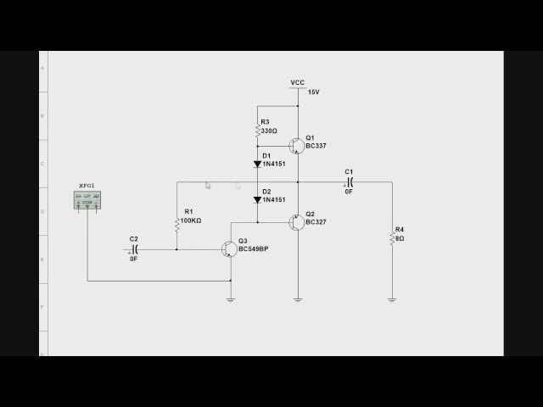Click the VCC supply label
tap(297, 82)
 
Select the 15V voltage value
tap(314, 92)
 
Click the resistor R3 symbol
tap(257, 131)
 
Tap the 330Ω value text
tap(269, 131)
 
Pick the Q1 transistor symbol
tap(295, 145)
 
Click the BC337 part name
tap(316, 146)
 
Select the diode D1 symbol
tap(257, 164)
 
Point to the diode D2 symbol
tap(257, 200)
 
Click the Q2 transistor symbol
tap(295, 221)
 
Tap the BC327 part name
tap(316, 222)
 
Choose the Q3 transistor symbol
tap(228, 249)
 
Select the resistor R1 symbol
tap(177, 223)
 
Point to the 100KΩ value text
tap(192, 220)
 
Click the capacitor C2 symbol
tap(134, 249)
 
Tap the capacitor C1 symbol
tap(349, 182)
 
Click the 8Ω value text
tap(400, 239)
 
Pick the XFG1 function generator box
tap(87, 200)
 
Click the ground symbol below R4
tap(392, 298)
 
